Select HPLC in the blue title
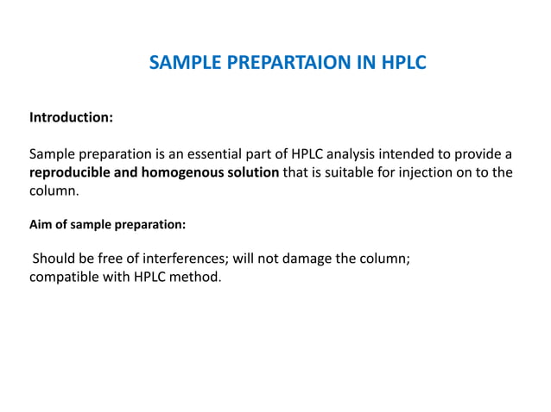[x=401, y=63]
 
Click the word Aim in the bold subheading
[x=40, y=224]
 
